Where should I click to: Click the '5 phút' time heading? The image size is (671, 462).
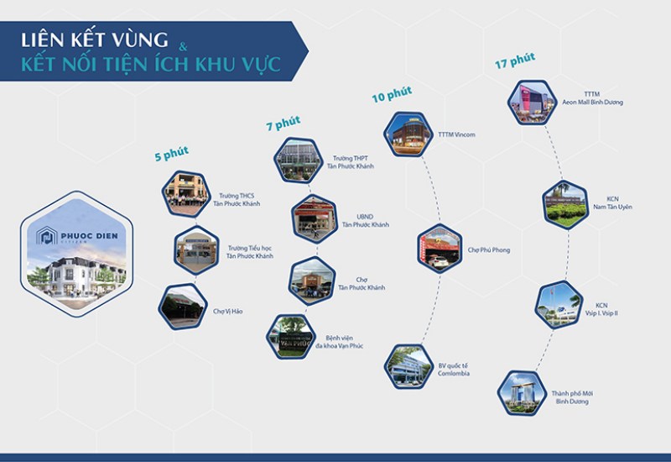tap(171, 154)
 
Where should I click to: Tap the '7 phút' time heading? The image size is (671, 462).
tap(283, 123)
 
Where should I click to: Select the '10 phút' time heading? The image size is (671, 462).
tap(389, 95)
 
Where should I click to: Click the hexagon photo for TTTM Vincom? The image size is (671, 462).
tap(408, 134)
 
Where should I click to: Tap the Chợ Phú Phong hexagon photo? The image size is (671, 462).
tap(440, 249)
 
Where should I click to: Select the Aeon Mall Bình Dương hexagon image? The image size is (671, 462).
tap(531, 102)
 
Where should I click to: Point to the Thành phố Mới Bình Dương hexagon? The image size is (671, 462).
tap(520, 392)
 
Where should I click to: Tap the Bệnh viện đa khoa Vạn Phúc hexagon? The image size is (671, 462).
tap(289, 337)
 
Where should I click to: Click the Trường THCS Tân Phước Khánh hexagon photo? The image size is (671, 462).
tap(185, 193)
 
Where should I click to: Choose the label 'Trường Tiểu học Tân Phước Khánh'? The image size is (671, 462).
tap(252, 252)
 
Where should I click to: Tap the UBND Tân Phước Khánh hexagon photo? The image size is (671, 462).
tap(315, 218)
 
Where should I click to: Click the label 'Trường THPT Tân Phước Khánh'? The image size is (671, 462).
tap(353, 162)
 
